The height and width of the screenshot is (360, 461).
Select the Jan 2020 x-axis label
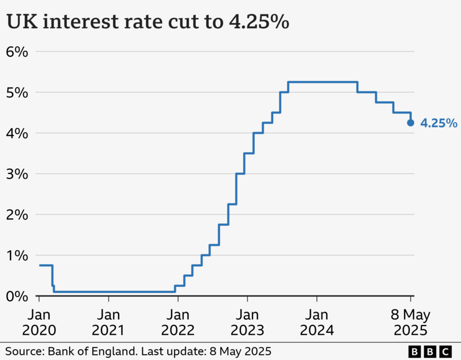click(39, 323)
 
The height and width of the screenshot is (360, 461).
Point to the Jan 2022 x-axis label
click(178, 323)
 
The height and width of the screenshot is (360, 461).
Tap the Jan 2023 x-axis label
click(247, 323)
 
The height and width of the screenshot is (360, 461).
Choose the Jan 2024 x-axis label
click(317, 323)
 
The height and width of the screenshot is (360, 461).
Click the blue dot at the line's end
click(410, 123)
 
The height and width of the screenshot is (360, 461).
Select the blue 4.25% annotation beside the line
click(439, 123)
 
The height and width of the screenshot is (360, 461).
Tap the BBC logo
click(430, 351)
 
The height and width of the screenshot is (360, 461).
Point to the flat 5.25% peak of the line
click(323, 82)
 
